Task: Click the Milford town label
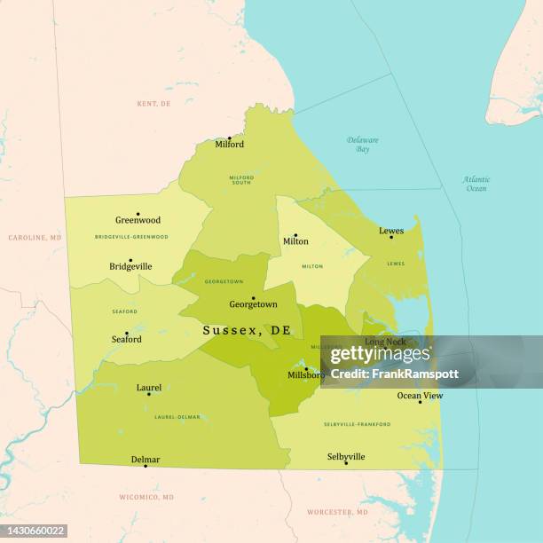(x=229, y=145)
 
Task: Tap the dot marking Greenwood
(x=138, y=214)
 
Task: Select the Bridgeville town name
(x=130, y=266)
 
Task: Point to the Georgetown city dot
(x=253, y=298)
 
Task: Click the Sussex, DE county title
(x=246, y=330)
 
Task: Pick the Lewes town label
(x=391, y=231)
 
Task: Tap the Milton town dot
(x=295, y=235)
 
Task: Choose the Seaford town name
(x=126, y=339)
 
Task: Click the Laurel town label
(x=149, y=388)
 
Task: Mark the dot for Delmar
(x=146, y=466)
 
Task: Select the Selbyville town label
(x=346, y=457)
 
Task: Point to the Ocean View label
(x=420, y=396)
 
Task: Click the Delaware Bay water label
(x=363, y=145)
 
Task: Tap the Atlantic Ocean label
(x=476, y=184)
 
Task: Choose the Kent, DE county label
(x=153, y=104)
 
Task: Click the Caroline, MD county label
(x=35, y=238)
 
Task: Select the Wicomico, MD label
(x=146, y=497)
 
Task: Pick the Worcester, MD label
(x=337, y=512)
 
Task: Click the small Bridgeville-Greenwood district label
(x=131, y=237)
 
